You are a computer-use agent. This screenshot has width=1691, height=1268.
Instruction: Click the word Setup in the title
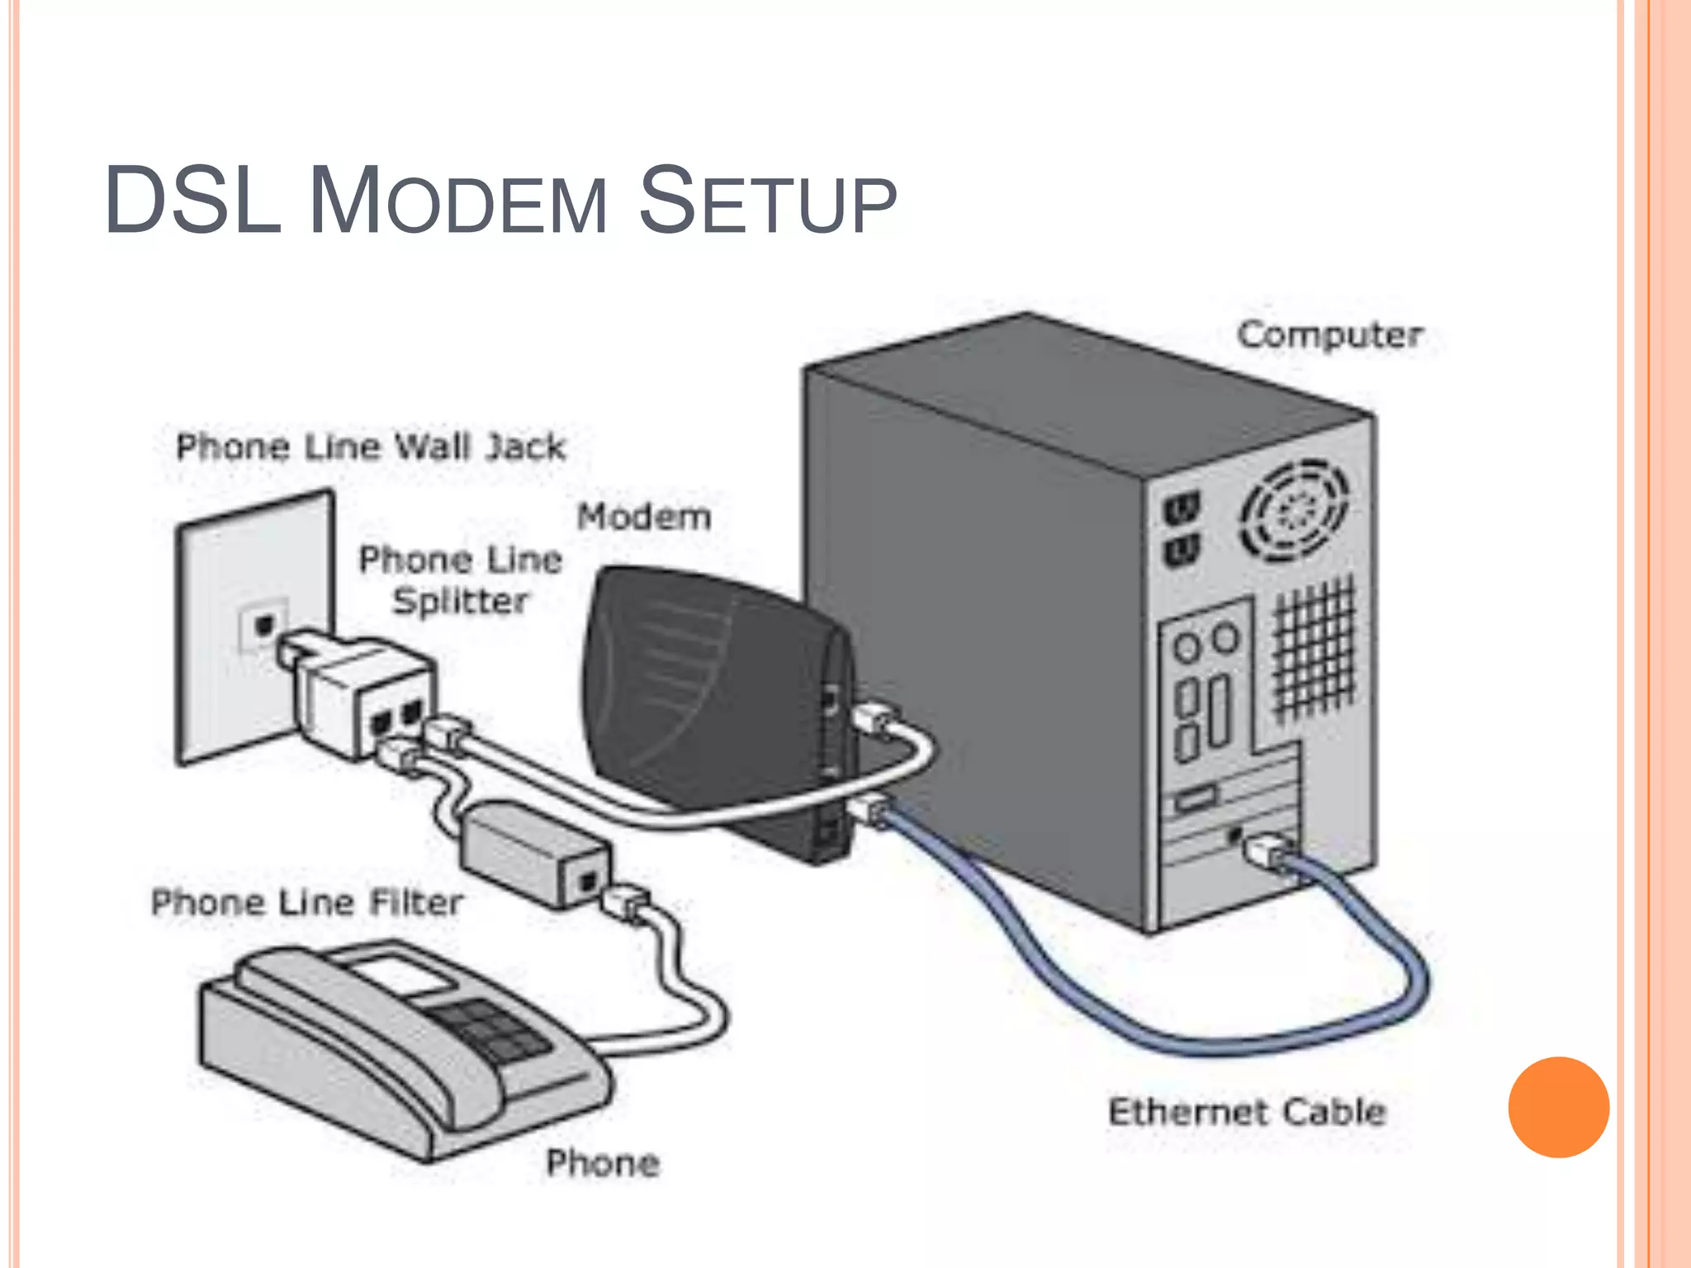click(767, 201)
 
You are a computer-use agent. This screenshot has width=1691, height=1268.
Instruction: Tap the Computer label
click(1329, 335)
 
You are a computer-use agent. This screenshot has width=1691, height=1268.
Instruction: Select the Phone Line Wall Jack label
click(371, 447)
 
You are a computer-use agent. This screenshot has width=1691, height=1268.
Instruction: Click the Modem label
click(643, 518)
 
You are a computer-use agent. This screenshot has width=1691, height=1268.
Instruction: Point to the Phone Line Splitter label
click(461, 580)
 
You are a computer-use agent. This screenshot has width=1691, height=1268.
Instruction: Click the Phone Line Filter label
click(307, 902)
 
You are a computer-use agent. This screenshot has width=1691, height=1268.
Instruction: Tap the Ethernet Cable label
click(1246, 1112)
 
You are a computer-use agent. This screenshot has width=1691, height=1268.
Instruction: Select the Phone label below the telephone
click(603, 1163)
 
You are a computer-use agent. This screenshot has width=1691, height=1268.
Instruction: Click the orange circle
click(1558, 1107)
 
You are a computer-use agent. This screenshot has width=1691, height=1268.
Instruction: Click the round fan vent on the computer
click(1294, 511)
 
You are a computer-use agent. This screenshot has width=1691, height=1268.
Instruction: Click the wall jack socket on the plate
click(263, 625)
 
